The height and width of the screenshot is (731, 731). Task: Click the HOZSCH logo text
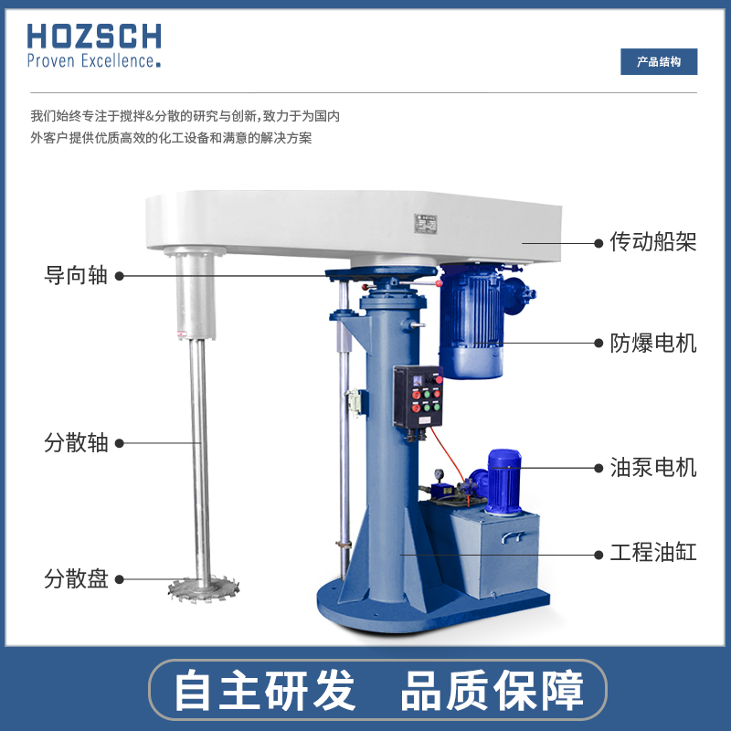(94, 37)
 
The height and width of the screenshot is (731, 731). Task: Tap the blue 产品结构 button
(659, 61)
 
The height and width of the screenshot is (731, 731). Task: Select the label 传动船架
(653, 242)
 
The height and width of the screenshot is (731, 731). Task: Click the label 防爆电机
(653, 344)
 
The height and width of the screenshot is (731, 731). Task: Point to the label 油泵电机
(653, 468)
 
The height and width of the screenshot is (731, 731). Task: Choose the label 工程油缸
(653, 553)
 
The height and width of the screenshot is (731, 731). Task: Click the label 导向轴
(76, 275)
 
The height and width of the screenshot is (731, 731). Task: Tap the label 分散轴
(76, 442)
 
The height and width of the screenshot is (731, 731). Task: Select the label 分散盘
(76, 578)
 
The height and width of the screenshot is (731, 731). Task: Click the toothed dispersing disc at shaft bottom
(204, 588)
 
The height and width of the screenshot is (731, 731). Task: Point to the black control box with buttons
(418, 397)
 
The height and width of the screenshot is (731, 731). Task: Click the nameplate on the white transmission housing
(426, 224)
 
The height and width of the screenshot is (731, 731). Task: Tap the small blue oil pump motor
(503, 482)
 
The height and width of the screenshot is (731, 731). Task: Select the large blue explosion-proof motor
(472, 322)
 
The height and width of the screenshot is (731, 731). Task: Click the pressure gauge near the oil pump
(439, 474)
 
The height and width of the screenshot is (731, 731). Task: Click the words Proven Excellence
(93, 60)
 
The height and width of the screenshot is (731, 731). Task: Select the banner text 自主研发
(265, 691)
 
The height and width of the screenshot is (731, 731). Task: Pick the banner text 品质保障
(492, 691)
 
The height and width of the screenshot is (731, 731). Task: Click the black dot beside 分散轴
(120, 443)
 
